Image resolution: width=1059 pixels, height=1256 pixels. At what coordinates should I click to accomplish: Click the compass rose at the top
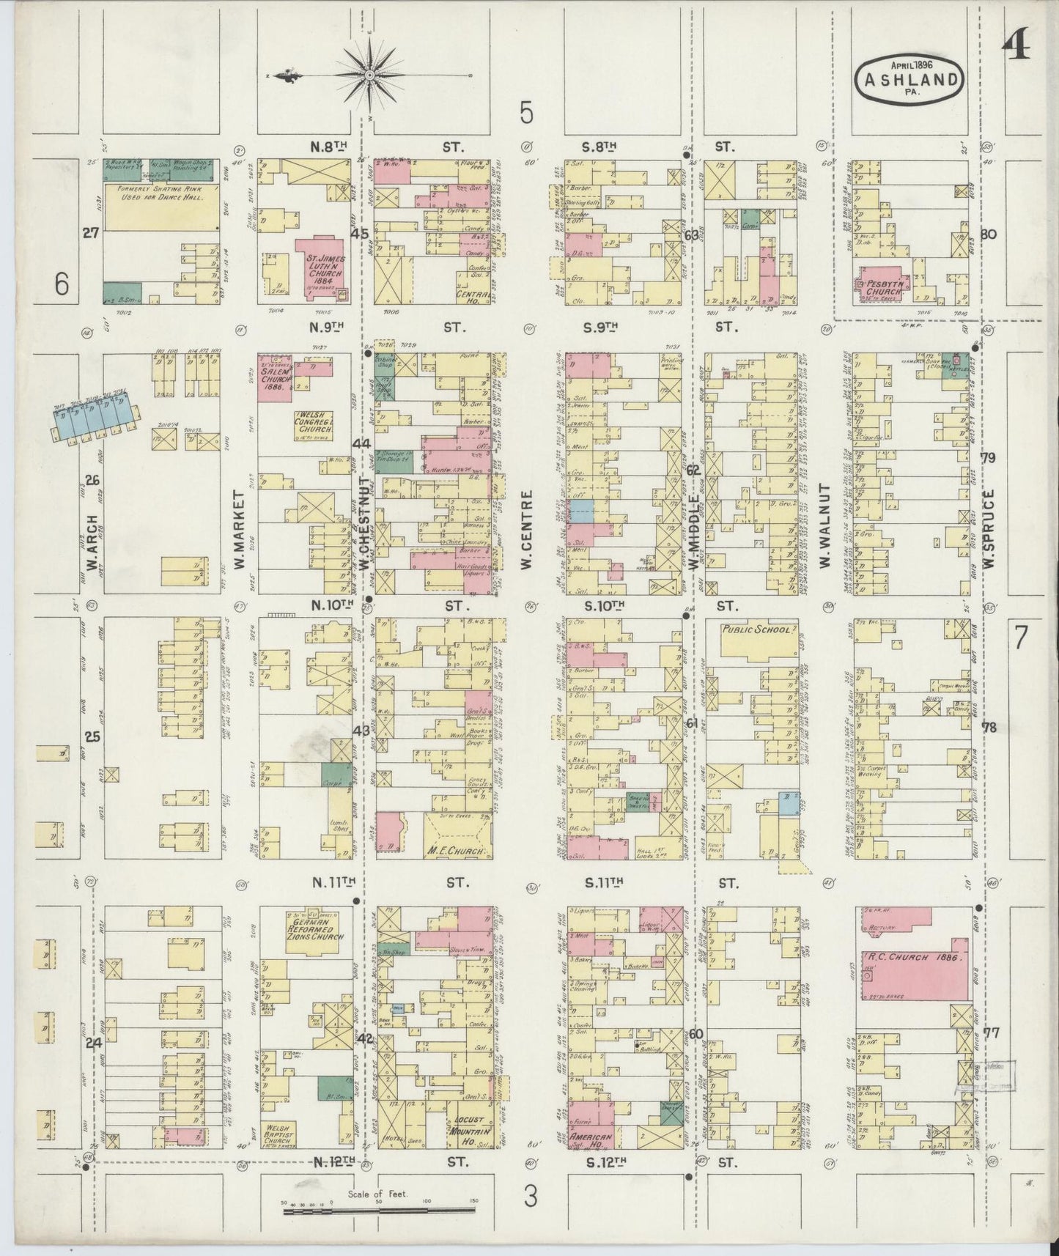tap(370, 75)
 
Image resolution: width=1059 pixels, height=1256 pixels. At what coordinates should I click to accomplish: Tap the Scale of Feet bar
tap(380, 1205)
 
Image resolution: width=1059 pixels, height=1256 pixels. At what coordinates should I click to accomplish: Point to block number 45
tap(360, 234)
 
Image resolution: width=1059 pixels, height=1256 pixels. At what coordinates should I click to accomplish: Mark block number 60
tap(695, 1034)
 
